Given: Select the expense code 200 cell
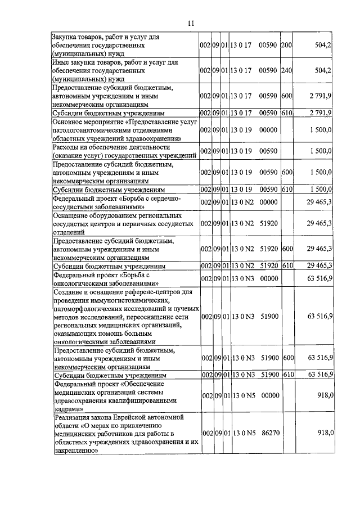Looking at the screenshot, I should (286, 44).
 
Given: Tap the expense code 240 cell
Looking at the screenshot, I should (286, 70).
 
